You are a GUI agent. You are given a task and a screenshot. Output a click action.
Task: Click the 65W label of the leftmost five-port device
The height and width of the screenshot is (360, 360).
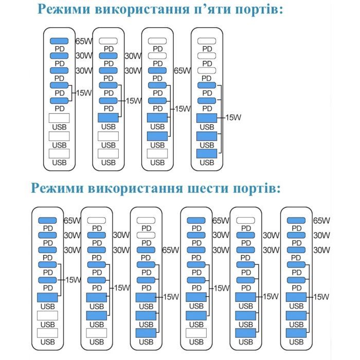83,41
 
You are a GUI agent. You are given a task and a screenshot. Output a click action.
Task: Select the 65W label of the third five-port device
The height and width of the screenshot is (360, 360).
183,70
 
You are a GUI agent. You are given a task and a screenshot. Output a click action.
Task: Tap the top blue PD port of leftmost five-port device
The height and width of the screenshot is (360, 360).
59,41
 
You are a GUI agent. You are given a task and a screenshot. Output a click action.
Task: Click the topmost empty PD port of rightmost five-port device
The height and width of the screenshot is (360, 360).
207,41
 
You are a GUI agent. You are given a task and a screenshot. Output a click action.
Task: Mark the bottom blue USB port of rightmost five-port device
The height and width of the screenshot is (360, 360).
207,153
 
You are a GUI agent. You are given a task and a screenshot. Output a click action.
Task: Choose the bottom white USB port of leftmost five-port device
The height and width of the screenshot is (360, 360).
59,153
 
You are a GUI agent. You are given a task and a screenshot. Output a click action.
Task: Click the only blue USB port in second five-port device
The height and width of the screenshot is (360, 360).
109,117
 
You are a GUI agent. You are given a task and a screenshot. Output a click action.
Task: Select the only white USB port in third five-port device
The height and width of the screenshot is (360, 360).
157,153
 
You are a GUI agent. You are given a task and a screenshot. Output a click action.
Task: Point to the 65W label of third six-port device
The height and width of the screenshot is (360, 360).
170,250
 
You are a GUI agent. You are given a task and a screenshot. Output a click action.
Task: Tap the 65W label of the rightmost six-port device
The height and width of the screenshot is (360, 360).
321,220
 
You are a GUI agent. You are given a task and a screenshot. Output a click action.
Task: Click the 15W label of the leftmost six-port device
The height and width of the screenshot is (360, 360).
73,279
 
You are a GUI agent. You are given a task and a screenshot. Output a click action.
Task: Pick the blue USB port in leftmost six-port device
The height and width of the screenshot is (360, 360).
47,297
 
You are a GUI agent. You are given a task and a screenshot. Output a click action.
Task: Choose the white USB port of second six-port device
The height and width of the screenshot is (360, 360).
96,332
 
